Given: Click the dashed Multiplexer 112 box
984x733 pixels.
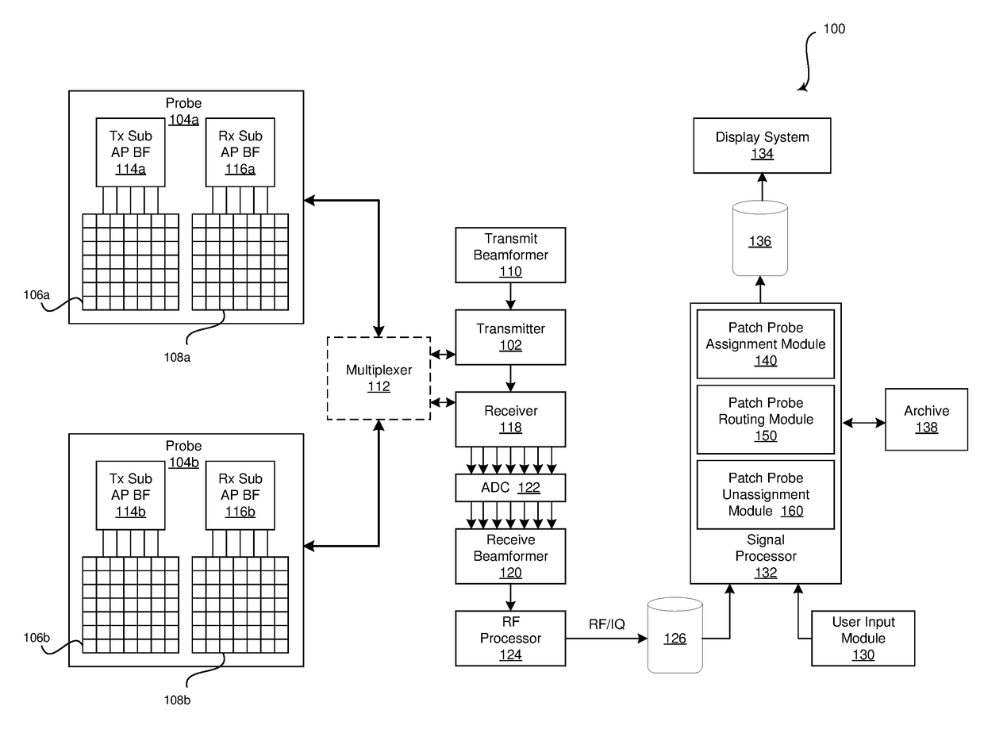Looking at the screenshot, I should pos(379,378).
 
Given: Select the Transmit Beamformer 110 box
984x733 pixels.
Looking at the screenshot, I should pos(510,255).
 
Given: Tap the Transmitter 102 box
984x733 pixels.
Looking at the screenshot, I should pos(510,337).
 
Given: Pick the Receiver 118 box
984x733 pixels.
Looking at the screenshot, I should pos(510,419).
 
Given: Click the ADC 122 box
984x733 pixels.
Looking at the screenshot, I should pos(510,488).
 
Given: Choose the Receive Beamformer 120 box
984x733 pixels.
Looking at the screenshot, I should pos(510,556).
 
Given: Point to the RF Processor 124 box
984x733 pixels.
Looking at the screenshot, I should pos(510,638).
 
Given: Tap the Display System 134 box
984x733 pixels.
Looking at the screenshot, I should pos(762,145).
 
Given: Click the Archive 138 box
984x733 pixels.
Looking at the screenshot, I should pos(926,419).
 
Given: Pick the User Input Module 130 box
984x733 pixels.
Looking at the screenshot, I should pos(863,638).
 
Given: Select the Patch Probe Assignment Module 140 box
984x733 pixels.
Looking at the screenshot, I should pos(765,343).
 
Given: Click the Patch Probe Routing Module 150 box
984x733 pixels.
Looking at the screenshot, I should pos(765,419).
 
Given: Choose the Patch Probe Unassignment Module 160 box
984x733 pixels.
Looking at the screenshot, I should pos(765,494).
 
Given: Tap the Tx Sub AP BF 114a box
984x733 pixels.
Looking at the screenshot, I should pos(131,152).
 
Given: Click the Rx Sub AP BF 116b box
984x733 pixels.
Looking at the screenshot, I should pos(240,495).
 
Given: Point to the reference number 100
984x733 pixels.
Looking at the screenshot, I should pos(834,29).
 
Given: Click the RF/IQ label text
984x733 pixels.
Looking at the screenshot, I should pos(607,624).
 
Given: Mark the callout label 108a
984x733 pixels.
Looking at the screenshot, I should pos(178,357).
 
